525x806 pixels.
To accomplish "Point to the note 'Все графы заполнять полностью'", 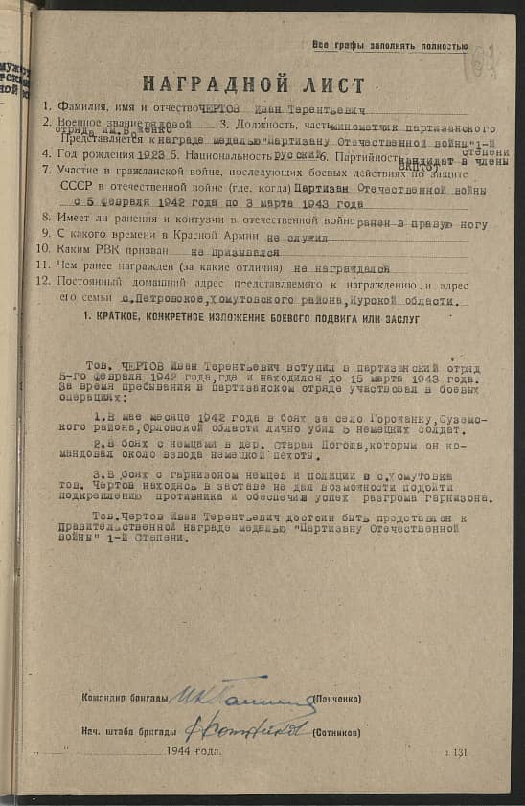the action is [x=390, y=45].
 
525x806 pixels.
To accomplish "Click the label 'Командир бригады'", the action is [x=126, y=698].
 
